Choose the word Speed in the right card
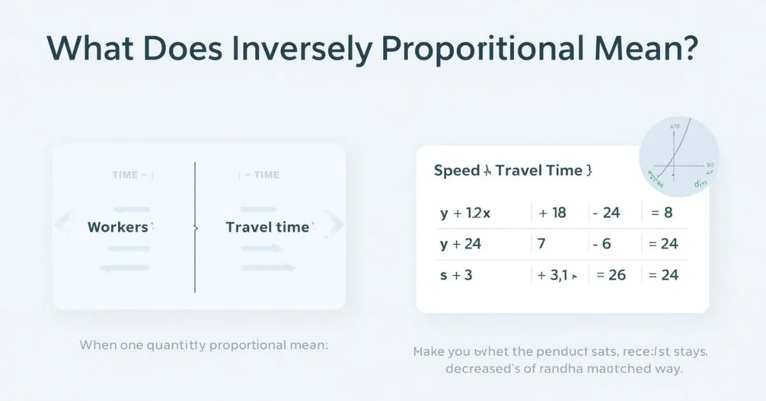(x=456, y=170)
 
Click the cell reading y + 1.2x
(x=465, y=213)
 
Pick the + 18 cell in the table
(x=553, y=213)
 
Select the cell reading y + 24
(x=460, y=244)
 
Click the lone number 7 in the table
(x=541, y=244)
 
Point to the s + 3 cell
(x=456, y=275)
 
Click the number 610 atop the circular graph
(x=675, y=127)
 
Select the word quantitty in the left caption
(x=171, y=345)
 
